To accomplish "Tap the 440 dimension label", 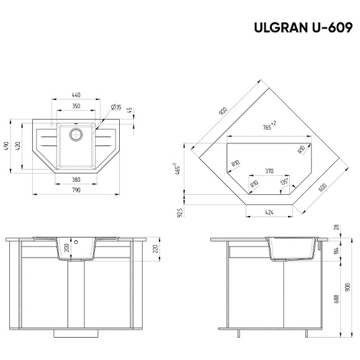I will tap(76, 95).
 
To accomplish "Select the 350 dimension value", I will tap(76, 106).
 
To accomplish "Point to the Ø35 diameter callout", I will tap(115, 107).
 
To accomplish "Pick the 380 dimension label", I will tap(76, 179).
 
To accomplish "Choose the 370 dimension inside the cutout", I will tap(269, 170).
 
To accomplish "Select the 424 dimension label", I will tap(269, 212).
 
